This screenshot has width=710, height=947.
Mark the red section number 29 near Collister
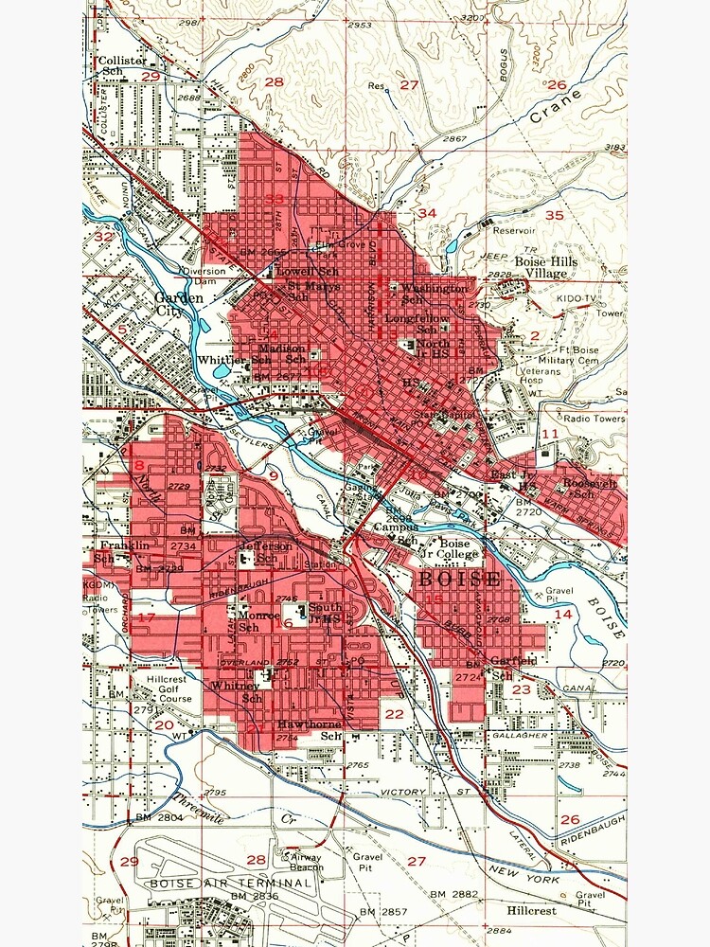point(151,76)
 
